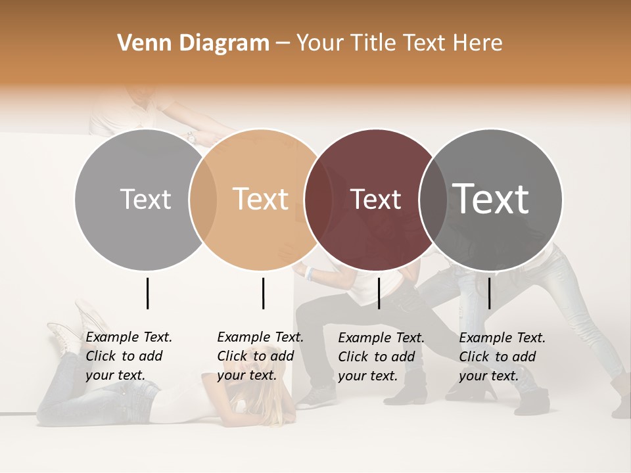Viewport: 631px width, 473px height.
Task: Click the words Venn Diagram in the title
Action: pyautogui.click(x=193, y=43)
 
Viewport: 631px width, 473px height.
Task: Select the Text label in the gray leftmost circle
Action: pyautogui.click(x=145, y=199)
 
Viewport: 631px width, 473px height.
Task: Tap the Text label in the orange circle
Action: pyautogui.click(x=261, y=199)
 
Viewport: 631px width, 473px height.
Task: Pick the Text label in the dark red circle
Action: pyautogui.click(x=376, y=199)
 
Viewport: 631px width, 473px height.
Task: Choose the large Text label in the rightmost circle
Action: pyautogui.click(x=491, y=199)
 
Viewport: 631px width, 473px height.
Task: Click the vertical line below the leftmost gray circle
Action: pyautogui.click(x=147, y=293)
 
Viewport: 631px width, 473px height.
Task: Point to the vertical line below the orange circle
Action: pyautogui.click(x=263, y=293)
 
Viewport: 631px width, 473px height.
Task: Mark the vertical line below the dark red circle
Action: pyautogui.click(x=379, y=293)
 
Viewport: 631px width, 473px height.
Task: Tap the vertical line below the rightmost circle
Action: pyautogui.click(x=489, y=293)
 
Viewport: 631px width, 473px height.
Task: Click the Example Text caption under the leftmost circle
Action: pyautogui.click(x=128, y=356)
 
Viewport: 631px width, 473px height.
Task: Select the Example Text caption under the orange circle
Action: pyautogui.click(x=260, y=356)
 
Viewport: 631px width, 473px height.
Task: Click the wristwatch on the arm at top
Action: pyautogui.click(x=191, y=137)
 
